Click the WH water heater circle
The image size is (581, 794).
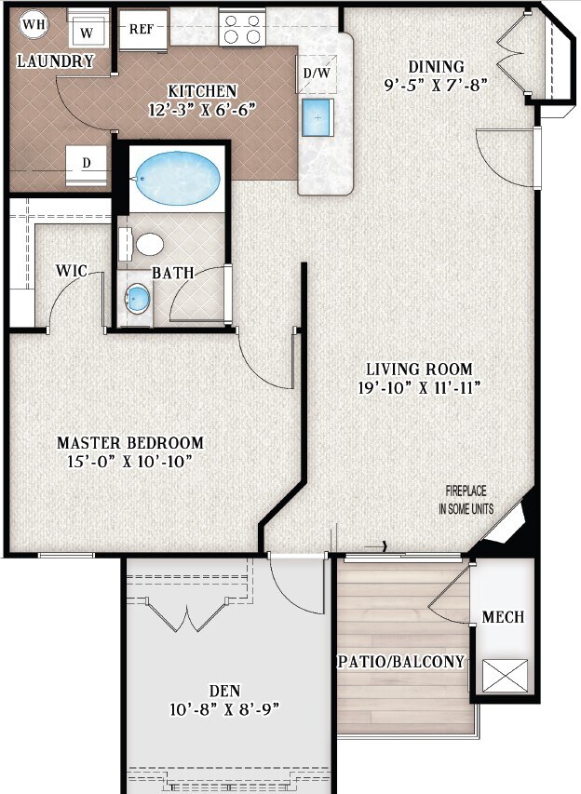pyautogui.click(x=32, y=23)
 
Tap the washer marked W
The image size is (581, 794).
pyautogui.click(x=87, y=31)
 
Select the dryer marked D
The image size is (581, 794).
pyautogui.click(x=87, y=164)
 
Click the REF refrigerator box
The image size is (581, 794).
pyautogui.click(x=142, y=29)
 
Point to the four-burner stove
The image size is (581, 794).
pyautogui.click(x=240, y=28)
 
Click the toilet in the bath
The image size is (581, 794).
pyautogui.click(x=147, y=245)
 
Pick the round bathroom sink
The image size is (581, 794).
pyautogui.click(x=138, y=299)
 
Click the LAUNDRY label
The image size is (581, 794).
pyautogui.click(x=56, y=62)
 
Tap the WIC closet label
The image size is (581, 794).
pyautogui.click(x=71, y=271)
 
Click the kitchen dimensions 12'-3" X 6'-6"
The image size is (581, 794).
pyautogui.click(x=202, y=108)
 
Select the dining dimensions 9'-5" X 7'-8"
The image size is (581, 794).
pyautogui.click(x=436, y=84)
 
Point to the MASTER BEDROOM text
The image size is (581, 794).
pyautogui.click(x=130, y=443)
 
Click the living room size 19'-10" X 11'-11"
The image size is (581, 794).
pyautogui.click(x=418, y=387)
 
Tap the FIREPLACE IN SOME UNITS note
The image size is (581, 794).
pyautogui.click(x=466, y=500)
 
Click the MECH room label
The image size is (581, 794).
pyautogui.click(x=503, y=617)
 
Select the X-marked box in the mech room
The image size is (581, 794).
pyautogui.click(x=504, y=675)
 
